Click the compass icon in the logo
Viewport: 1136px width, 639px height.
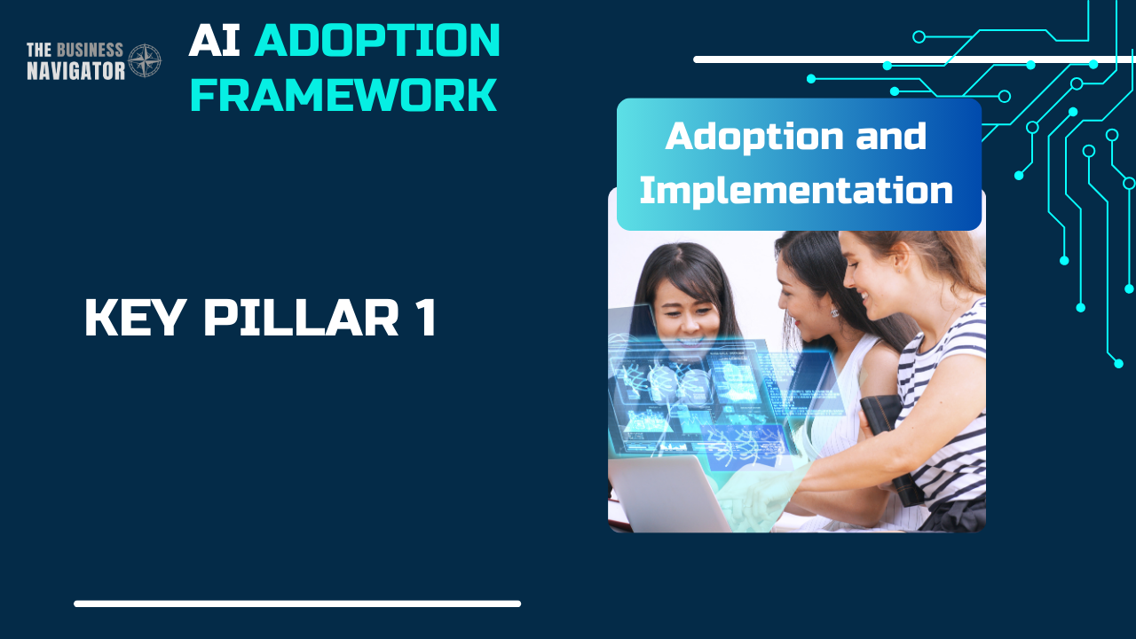(x=145, y=60)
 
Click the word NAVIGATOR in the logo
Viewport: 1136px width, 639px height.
(x=75, y=71)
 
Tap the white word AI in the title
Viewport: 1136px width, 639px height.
(x=215, y=41)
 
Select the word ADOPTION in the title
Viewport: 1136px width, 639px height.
(x=377, y=41)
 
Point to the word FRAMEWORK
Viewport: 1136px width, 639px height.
(x=343, y=95)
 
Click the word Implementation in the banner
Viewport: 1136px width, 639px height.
(x=796, y=190)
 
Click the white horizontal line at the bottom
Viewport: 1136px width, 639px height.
(x=297, y=603)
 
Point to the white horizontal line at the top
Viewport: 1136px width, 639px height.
(x=914, y=59)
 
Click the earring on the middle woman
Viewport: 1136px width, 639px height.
(x=835, y=312)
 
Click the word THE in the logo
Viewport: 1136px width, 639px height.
(x=41, y=50)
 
